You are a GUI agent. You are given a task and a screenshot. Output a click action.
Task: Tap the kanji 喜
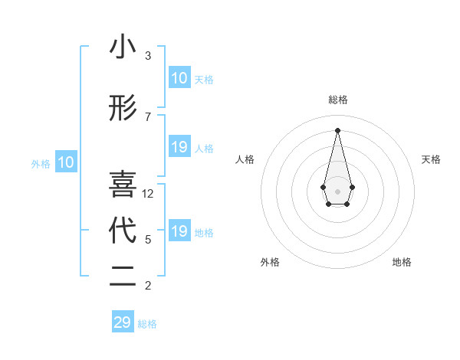[123, 185]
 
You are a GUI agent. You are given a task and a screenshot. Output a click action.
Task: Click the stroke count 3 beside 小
[148, 56]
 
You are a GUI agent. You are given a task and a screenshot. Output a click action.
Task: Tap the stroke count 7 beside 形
[148, 117]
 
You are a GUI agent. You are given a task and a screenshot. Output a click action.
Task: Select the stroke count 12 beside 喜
[149, 194]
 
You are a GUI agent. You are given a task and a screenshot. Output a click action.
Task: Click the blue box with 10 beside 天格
[179, 78]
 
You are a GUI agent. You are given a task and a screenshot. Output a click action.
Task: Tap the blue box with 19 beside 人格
[179, 147]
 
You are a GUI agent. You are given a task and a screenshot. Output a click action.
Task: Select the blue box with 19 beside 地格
[179, 231]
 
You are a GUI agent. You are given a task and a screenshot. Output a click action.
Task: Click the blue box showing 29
[123, 322]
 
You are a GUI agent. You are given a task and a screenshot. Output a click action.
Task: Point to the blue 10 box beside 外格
[65, 162]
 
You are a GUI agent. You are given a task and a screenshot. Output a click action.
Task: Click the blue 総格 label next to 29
[148, 324]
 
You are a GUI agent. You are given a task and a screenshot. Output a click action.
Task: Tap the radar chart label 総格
[337, 100]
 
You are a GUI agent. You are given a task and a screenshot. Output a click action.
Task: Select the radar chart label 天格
[432, 159]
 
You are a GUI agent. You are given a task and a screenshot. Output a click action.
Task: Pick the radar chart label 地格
[402, 262]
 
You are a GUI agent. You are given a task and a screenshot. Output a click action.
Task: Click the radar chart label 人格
[245, 159]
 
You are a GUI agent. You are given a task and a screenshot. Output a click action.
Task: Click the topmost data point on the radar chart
[337, 129]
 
